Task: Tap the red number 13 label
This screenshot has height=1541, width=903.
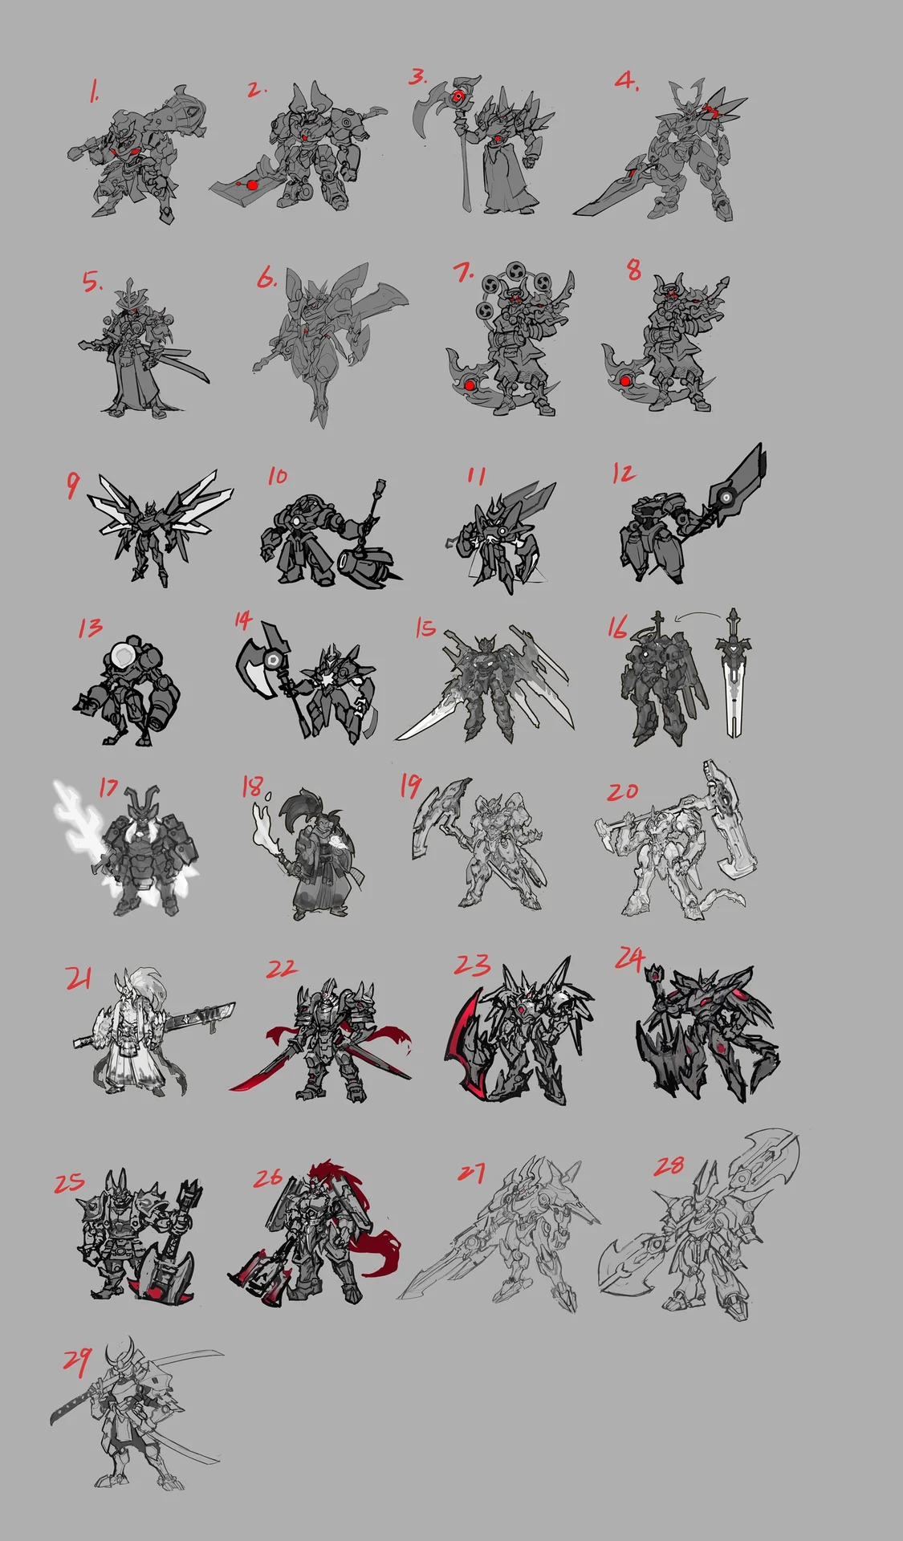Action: click(x=91, y=627)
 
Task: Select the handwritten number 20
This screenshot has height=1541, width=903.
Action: click(x=622, y=791)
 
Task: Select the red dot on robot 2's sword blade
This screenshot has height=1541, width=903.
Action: click(x=252, y=185)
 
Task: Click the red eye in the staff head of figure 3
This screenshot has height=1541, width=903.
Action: click(x=458, y=97)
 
